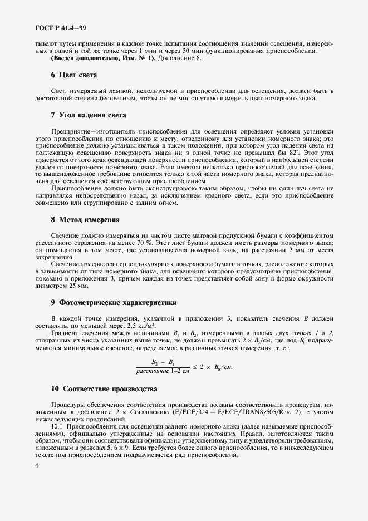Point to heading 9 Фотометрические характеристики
(114, 303)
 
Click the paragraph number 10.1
(58, 426)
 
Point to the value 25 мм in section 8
(77, 286)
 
